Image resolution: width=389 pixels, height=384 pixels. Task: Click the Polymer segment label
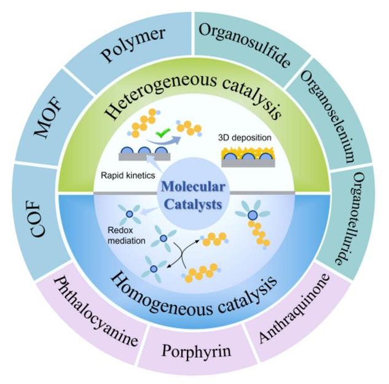[x=133, y=45]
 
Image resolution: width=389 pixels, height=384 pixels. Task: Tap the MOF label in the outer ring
[x=48, y=117]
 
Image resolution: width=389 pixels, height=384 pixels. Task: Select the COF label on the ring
[x=38, y=218]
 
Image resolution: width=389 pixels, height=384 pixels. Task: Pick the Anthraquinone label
[x=294, y=309]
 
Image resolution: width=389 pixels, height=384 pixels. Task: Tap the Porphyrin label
[x=196, y=351]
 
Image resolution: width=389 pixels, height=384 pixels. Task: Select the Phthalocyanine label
[x=96, y=312]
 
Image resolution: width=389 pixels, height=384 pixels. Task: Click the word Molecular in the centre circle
[x=193, y=187]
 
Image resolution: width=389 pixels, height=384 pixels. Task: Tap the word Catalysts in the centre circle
[x=193, y=205]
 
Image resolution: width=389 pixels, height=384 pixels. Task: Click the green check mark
[x=163, y=132]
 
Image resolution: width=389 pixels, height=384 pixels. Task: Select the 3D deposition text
[x=245, y=138]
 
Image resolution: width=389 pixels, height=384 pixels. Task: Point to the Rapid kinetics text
[x=128, y=175]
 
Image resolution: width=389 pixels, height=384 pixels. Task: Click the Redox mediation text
[x=126, y=236]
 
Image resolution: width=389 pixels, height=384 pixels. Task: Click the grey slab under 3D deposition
[x=248, y=163]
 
